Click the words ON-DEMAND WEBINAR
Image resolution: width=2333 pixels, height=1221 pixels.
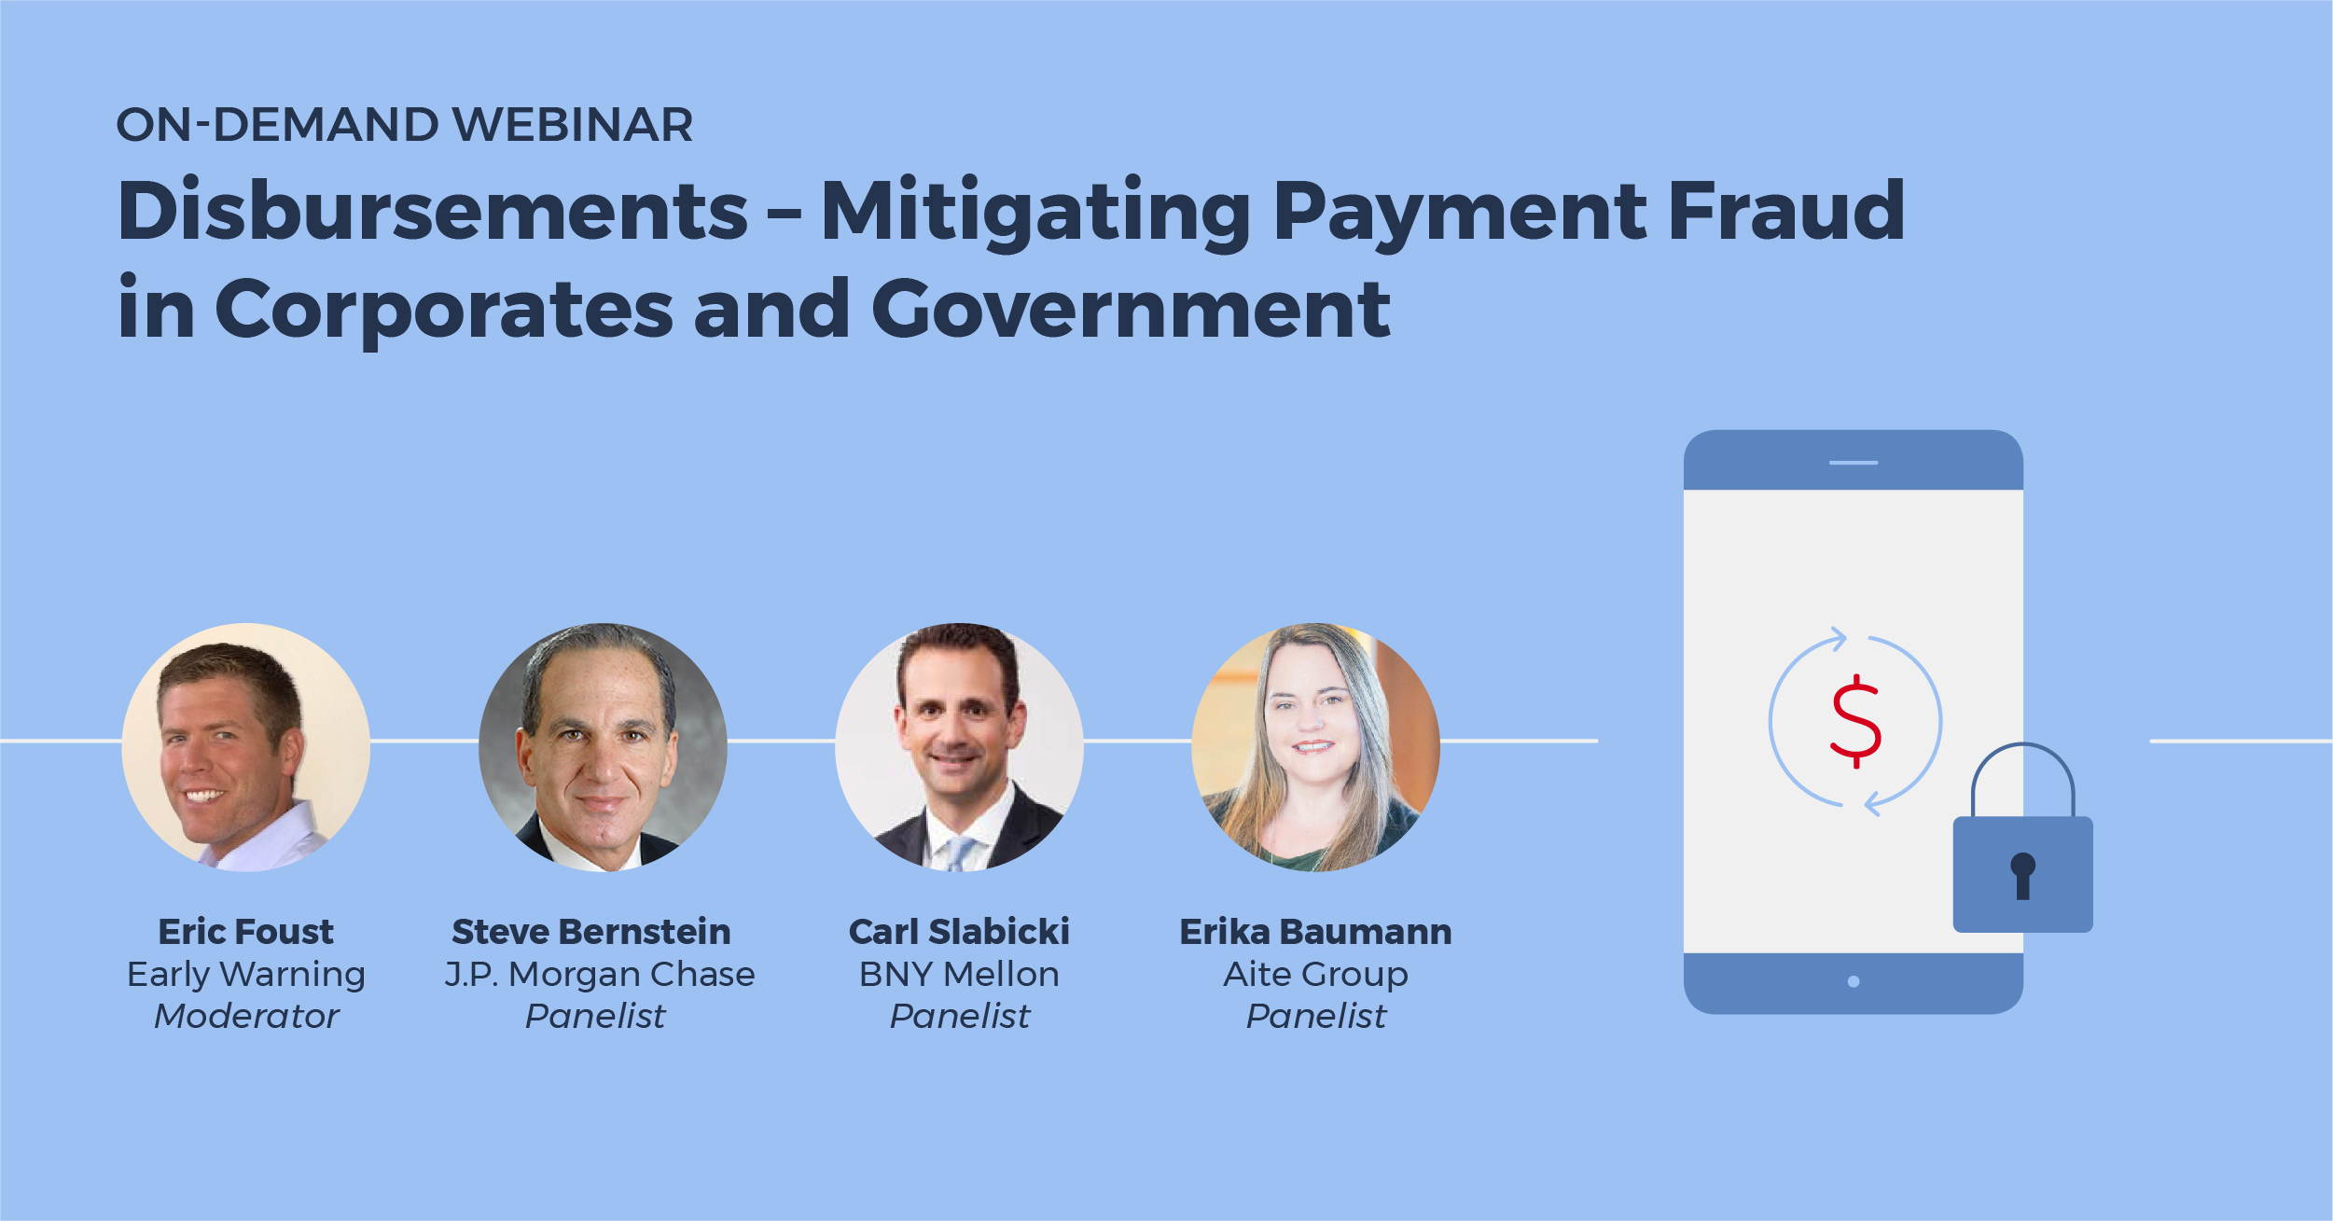(x=405, y=125)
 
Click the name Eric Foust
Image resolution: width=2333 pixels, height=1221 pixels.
(x=246, y=931)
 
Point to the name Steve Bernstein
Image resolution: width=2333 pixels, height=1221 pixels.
(x=591, y=931)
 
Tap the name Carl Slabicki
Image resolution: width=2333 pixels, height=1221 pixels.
(x=959, y=931)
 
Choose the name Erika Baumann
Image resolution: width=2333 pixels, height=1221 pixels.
(x=1316, y=931)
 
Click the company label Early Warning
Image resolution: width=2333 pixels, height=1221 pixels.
(x=246, y=976)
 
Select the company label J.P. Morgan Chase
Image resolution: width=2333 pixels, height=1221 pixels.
(x=600, y=975)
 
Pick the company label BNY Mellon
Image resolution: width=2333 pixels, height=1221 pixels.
(x=959, y=975)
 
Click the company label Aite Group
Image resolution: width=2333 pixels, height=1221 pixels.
(x=1316, y=976)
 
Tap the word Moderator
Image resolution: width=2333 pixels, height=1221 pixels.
(x=246, y=1017)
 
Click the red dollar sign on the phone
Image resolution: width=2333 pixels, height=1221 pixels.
(x=1856, y=721)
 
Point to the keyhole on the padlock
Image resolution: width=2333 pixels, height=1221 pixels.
(x=2022, y=876)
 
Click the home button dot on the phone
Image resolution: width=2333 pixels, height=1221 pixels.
(x=1854, y=981)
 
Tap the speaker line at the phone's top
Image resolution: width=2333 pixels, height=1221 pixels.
(x=1854, y=463)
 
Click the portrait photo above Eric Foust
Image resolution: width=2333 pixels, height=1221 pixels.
(x=246, y=747)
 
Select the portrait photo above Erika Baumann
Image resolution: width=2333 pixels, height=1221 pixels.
(x=1316, y=747)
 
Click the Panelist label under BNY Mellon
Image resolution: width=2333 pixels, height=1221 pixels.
(x=960, y=1017)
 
